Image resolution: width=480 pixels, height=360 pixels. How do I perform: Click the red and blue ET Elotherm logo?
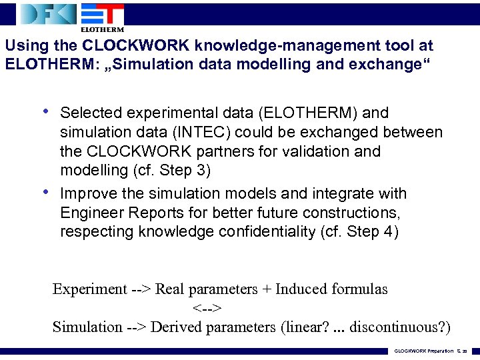(x=101, y=17)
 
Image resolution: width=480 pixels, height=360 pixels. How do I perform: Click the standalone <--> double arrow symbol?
(x=207, y=308)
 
